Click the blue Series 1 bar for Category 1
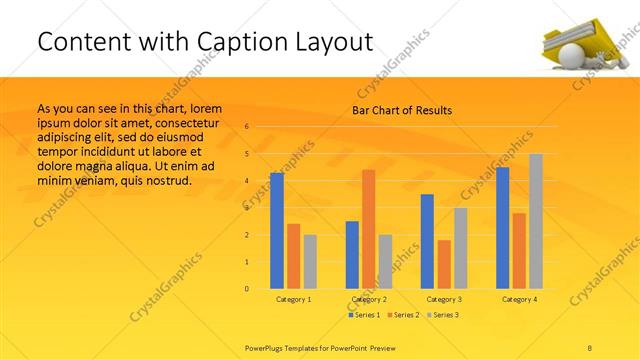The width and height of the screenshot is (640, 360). pos(277,231)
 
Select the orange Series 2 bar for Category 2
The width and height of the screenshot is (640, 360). pos(368,229)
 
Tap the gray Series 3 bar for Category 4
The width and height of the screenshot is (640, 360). pos(536,221)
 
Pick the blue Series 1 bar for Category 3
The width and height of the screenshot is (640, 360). pos(427,241)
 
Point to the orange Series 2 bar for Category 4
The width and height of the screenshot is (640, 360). pos(519,251)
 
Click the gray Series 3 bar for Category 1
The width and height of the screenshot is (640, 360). pos(310,262)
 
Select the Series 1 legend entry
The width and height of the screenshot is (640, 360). pos(364,315)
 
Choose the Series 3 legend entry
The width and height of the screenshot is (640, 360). pos(444,315)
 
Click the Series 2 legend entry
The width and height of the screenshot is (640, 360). pos(404,315)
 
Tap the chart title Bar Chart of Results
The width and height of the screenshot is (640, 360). pos(401,110)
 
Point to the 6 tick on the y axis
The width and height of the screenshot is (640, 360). pos(246,127)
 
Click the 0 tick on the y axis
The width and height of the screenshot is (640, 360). pos(246,289)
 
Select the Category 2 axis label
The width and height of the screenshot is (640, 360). pos(369,299)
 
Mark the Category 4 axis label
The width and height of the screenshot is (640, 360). pos(519,299)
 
